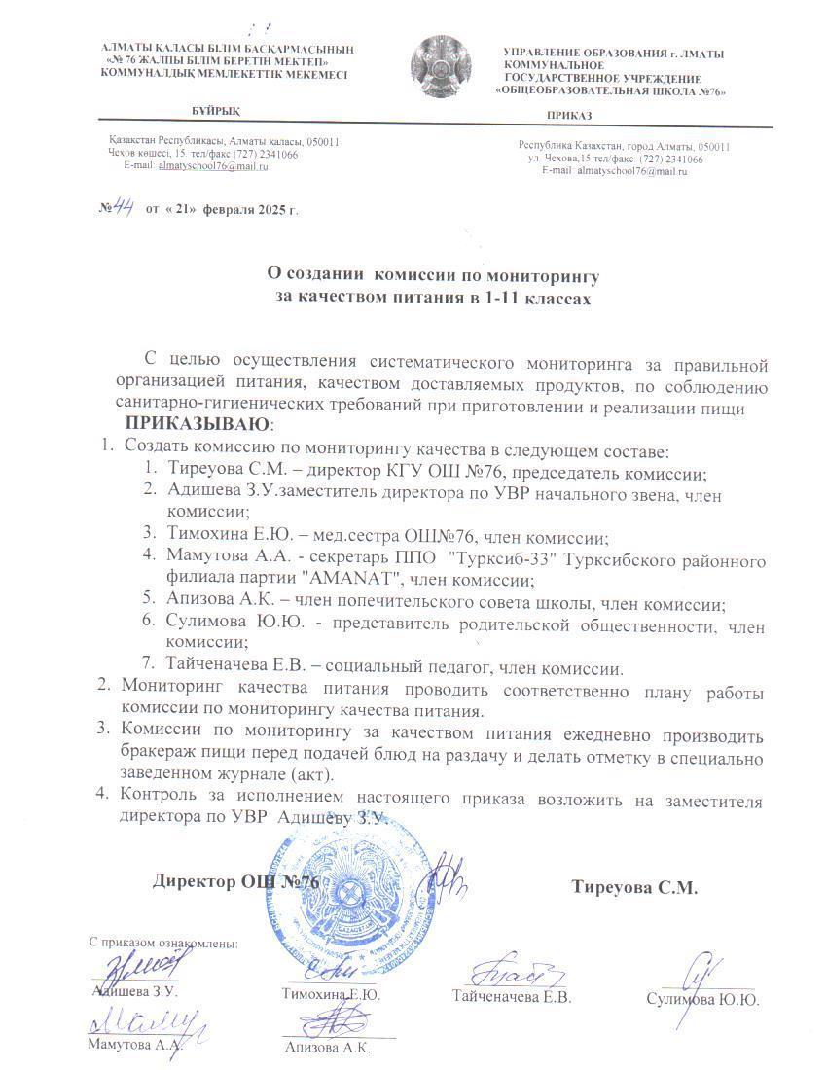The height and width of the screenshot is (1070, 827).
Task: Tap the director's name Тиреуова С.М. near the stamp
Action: (634, 887)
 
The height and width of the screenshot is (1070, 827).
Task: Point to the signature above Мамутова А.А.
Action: (146, 1022)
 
